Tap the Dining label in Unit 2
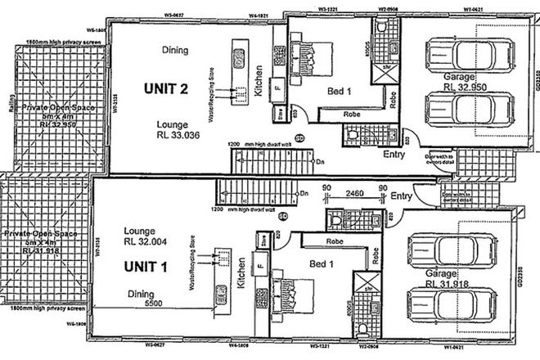(176, 50)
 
